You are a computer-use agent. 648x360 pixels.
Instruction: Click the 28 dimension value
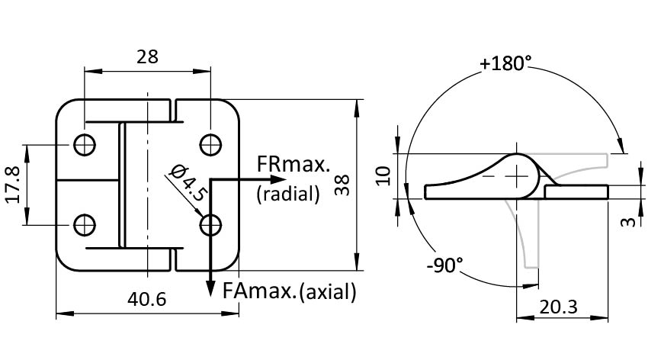coord(147,56)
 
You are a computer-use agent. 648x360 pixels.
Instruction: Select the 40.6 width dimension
coord(147,298)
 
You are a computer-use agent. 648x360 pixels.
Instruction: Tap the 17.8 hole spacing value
coord(13,184)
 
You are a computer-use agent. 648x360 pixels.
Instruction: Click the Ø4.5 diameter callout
coord(188,183)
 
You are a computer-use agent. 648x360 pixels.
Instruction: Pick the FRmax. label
coord(294,165)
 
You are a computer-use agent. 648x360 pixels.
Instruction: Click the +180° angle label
coord(505,63)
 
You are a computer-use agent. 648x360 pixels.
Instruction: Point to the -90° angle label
coord(445,265)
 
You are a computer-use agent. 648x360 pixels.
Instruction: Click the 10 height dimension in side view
coord(384,175)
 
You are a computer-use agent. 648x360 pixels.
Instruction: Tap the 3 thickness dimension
coord(627,222)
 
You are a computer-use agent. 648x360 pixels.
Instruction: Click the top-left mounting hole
coord(84,144)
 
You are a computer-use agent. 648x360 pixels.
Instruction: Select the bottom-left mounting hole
coord(84,224)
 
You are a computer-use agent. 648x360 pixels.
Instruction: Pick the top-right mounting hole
coord(210,144)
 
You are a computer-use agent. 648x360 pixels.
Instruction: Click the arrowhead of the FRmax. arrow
coord(248,178)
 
